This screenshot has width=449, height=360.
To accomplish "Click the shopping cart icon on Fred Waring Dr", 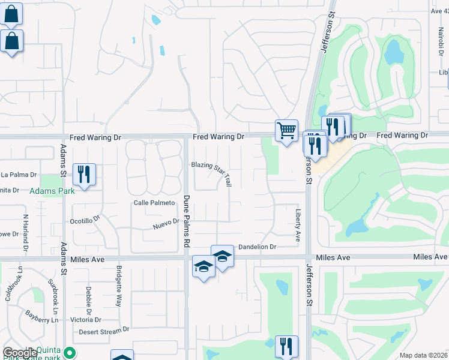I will click(286, 130).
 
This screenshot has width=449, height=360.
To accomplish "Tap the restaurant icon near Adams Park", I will click(84, 175).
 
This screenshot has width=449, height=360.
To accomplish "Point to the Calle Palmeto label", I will click(154, 203).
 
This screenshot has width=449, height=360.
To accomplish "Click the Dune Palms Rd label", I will click(187, 221).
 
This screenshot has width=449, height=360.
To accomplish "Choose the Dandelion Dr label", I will click(256, 247).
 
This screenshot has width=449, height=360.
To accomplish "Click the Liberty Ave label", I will click(298, 225).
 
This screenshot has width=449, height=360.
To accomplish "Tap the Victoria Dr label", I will click(85, 320).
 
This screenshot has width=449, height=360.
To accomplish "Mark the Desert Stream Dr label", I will click(104, 330).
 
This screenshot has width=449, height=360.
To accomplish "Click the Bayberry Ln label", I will click(41, 316).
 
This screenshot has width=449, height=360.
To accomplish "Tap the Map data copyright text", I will click(423, 355).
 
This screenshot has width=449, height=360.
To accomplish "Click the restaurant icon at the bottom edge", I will click(286, 347).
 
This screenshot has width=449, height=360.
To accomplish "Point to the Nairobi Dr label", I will click(435, 40).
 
